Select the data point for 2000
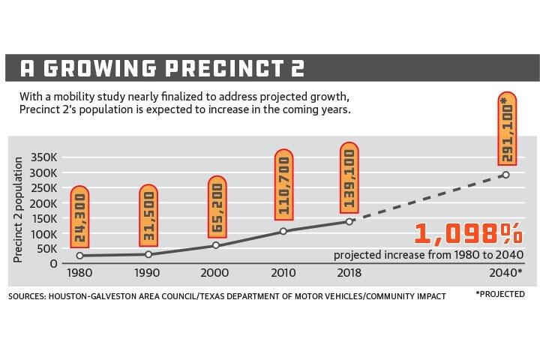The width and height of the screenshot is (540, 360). (x=216, y=245)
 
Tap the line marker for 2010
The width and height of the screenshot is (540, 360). (x=283, y=230)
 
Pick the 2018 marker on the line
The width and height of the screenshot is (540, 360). (x=349, y=221)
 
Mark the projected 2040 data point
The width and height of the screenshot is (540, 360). (x=505, y=175)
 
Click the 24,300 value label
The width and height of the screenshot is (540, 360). (x=79, y=217)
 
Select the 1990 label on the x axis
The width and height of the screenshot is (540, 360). (x=148, y=273)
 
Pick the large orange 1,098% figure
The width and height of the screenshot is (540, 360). (x=466, y=235)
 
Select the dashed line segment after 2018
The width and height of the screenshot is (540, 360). (x=427, y=198)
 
